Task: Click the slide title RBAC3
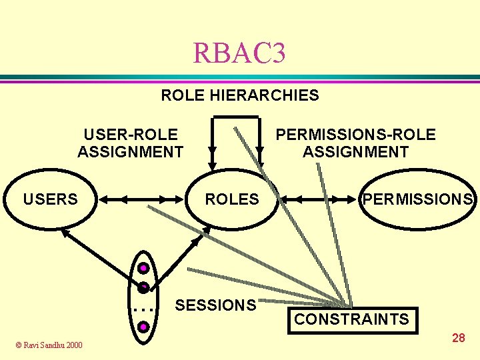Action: point(239,53)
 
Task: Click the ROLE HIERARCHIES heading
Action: point(240,95)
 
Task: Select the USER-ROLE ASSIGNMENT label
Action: point(131,143)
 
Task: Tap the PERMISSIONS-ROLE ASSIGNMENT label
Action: point(355,143)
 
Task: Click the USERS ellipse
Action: point(51,199)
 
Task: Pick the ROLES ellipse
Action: point(231,199)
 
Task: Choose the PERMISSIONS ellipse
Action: point(418,199)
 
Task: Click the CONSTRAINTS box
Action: point(351,319)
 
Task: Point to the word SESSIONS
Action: point(215,305)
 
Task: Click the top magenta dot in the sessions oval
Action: point(143,270)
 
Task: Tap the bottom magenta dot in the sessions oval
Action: point(143,327)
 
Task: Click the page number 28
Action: point(459,338)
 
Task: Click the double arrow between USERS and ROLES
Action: point(141,199)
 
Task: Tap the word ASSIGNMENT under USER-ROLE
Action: point(131,152)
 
